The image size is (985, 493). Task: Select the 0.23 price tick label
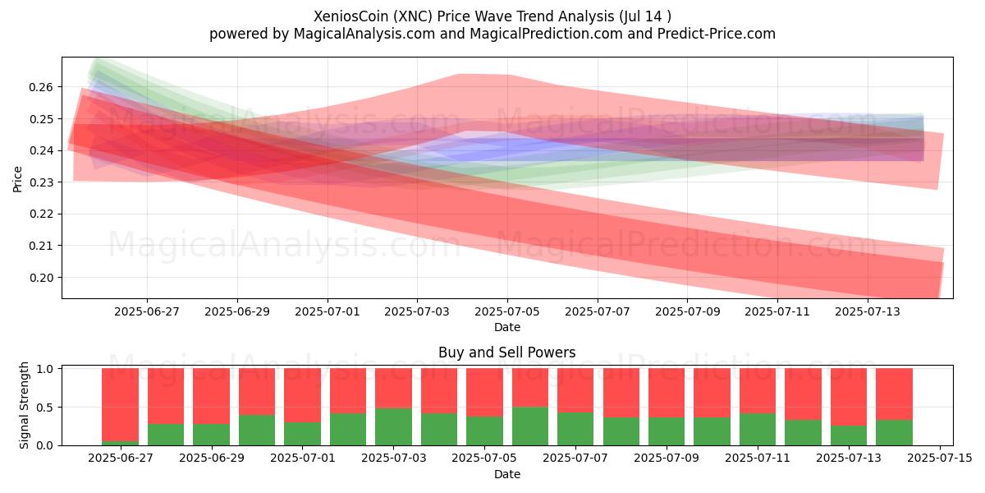pyautogui.click(x=40, y=182)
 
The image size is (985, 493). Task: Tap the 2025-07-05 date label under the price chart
pyautogui.click(x=507, y=311)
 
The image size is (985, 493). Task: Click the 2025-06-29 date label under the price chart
pyautogui.click(x=237, y=311)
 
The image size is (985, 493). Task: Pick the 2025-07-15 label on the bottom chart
pyautogui.click(x=940, y=458)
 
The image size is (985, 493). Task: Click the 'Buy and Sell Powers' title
pyautogui.click(x=507, y=352)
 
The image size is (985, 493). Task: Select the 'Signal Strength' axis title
pyautogui.click(x=24, y=405)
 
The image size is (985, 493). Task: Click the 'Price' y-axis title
pyautogui.click(x=17, y=179)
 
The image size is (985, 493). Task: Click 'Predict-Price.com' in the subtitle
pyautogui.click(x=717, y=34)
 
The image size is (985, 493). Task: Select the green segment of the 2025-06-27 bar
pyautogui.click(x=120, y=443)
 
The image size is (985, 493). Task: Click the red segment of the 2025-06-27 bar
pyautogui.click(x=120, y=405)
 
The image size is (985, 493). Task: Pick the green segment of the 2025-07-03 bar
pyautogui.click(x=393, y=427)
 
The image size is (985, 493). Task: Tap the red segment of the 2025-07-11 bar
pyautogui.click(x=758, y=391)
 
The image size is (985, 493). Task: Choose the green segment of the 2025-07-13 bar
pyautogui.click(x=849, y=435)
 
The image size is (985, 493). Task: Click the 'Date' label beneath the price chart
pyautogui.click(x=507, y=327)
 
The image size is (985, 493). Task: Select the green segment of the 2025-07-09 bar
pyautogui.click(x=667, y=431)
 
